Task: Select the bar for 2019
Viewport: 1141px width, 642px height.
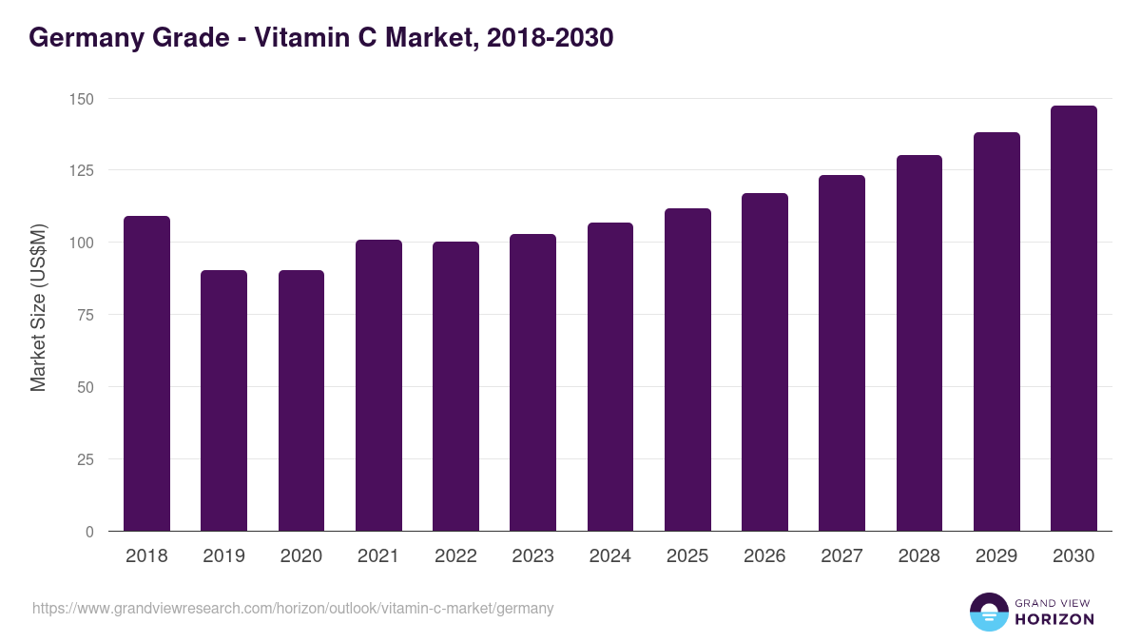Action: pos(223,400)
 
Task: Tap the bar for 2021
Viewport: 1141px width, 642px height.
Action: pos(378,385)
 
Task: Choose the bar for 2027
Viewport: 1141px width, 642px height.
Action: pos(841,353)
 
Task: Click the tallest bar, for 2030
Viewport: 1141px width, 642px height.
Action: pos(1073,319)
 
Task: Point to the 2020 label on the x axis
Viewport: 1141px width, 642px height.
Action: pos(300,556)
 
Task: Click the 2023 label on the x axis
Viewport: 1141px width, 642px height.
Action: pos(532,556)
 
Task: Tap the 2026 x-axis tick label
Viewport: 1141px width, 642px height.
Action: pos(764,556)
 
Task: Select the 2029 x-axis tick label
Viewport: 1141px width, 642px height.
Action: pos(996,556)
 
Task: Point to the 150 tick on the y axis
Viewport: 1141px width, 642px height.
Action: pos(81,99)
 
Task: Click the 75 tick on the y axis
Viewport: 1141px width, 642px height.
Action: pos(85,315)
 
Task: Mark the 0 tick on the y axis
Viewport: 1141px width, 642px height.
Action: pos(89,532)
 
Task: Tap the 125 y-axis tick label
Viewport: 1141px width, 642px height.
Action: pos(81,171)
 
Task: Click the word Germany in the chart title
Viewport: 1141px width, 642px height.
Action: pos(79,38)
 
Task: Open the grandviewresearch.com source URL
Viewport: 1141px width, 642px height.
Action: pos(293,608)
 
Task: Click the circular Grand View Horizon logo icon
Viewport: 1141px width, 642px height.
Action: pos(988,613)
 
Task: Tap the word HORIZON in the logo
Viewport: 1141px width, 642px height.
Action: pos(1054,619)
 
